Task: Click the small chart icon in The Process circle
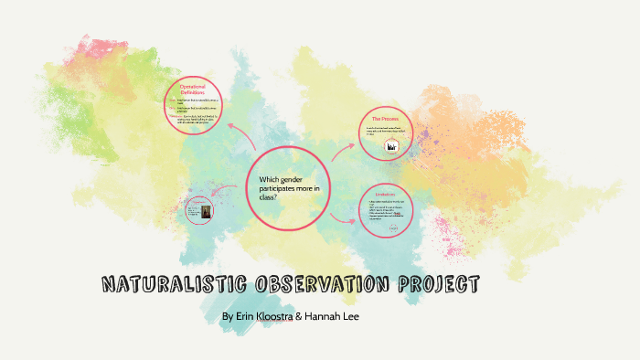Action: pyautogui.click(x=392, y=146)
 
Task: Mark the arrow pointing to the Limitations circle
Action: pyautogui.click(x=346, y=219)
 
